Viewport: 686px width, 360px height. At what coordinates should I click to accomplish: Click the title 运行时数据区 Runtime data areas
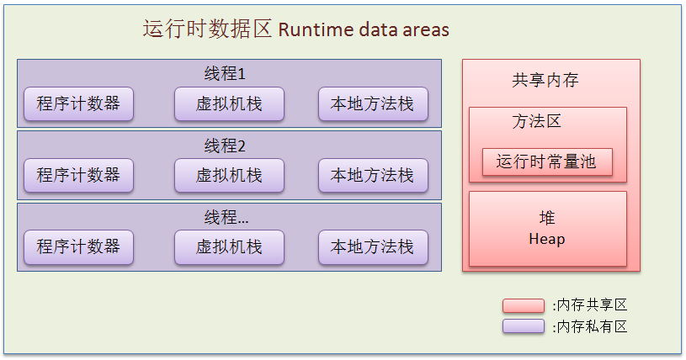[x=295, y=29]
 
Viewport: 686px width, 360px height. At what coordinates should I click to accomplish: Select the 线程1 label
[x=225, y=73]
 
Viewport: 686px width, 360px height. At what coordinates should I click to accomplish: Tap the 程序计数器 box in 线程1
[x=78, y=103]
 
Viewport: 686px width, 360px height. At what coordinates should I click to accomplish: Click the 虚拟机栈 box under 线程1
[x=229, y=103]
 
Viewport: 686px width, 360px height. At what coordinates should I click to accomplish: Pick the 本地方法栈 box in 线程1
[x=372, y=103]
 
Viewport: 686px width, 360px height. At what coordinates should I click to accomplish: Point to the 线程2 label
[x=225, y=146]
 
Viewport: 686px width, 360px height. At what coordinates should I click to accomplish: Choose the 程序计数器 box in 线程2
[x=78, y=175]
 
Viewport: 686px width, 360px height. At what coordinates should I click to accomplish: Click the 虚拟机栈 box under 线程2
[x=229, y=175]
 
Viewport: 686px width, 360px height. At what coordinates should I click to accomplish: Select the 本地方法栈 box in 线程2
[x=372, y=175]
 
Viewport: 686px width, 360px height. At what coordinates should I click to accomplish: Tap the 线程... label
[x=226, y=217]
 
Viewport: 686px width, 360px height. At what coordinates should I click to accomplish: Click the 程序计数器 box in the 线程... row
[x=78, y=246]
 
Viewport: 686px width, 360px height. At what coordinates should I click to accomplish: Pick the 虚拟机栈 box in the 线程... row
[x=229, y=246]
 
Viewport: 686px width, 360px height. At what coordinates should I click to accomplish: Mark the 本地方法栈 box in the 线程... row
[x=372, y=246]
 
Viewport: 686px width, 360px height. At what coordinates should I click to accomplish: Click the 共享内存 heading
[x=545, y=81]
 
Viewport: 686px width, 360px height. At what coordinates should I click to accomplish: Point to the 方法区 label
[x=536, y=121]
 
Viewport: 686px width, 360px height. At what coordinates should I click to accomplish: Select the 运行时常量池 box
[x=546, y=161]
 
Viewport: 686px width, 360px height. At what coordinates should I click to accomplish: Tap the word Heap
[x=547, y=239]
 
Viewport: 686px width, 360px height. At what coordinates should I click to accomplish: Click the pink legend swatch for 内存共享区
[x=523, y=305]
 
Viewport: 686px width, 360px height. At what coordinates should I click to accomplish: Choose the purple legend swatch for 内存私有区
[x=523, y=326]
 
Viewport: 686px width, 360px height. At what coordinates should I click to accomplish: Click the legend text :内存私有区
[x=590, y=326]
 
